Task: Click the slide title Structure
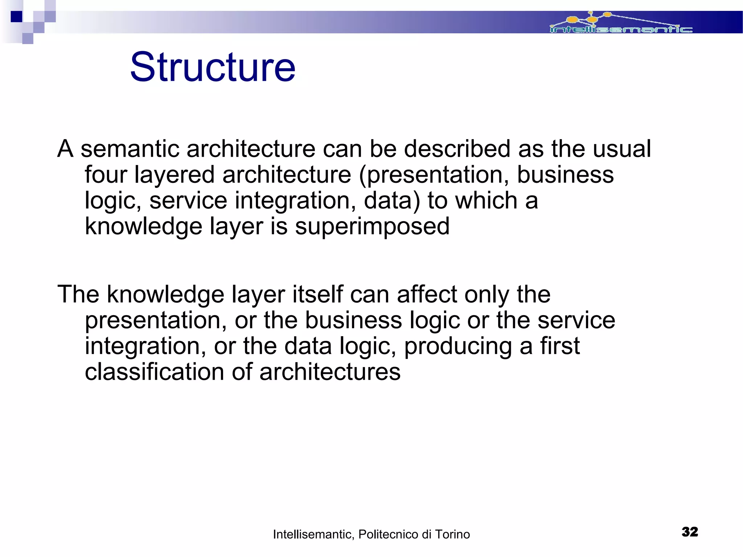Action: (x=213, y=67)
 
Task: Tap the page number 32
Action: (x=690, y=532)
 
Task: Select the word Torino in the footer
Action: (x=452, y=534)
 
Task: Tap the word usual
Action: (x=622, y=149)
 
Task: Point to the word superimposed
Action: (x=372, y=227)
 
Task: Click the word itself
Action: (x=318, y=294)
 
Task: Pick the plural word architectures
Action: (x=330, y=372)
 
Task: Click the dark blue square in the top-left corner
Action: (x=16, y=17)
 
